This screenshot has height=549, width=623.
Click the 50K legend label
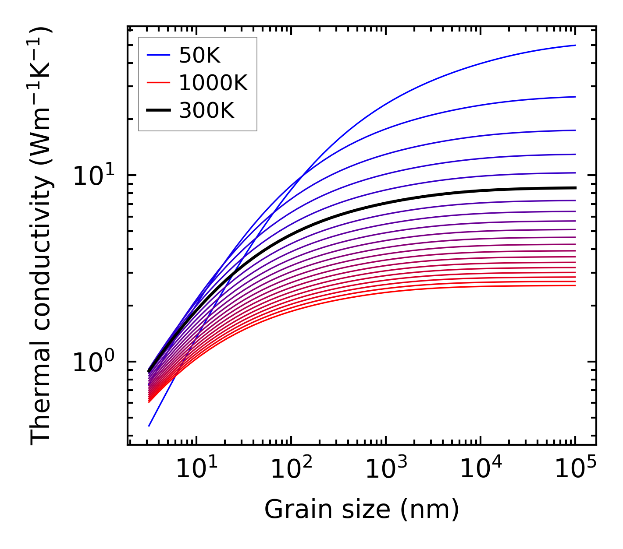(199, 56)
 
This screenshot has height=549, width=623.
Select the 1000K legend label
(213, 83)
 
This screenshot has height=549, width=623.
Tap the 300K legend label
(206, 111)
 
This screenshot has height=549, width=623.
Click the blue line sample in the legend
(158, 55)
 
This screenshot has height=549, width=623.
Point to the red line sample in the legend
(158, 83)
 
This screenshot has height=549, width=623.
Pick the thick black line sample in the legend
(158, 111)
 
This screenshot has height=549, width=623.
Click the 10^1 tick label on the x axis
(196, 469)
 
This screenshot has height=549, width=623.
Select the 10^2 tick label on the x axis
(291, 469)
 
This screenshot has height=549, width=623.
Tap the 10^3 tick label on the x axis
(386, 469)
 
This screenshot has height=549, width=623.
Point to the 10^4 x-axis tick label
(481, 469)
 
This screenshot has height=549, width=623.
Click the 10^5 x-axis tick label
(575, 469)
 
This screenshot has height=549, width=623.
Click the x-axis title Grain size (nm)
(362, 510)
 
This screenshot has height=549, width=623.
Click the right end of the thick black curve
(575, 188)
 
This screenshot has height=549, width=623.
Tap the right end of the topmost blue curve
(575, 45)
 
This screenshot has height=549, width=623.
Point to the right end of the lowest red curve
(575, 286)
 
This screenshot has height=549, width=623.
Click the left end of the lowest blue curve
(150, 426)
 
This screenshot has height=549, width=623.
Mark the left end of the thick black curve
(149, 371)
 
